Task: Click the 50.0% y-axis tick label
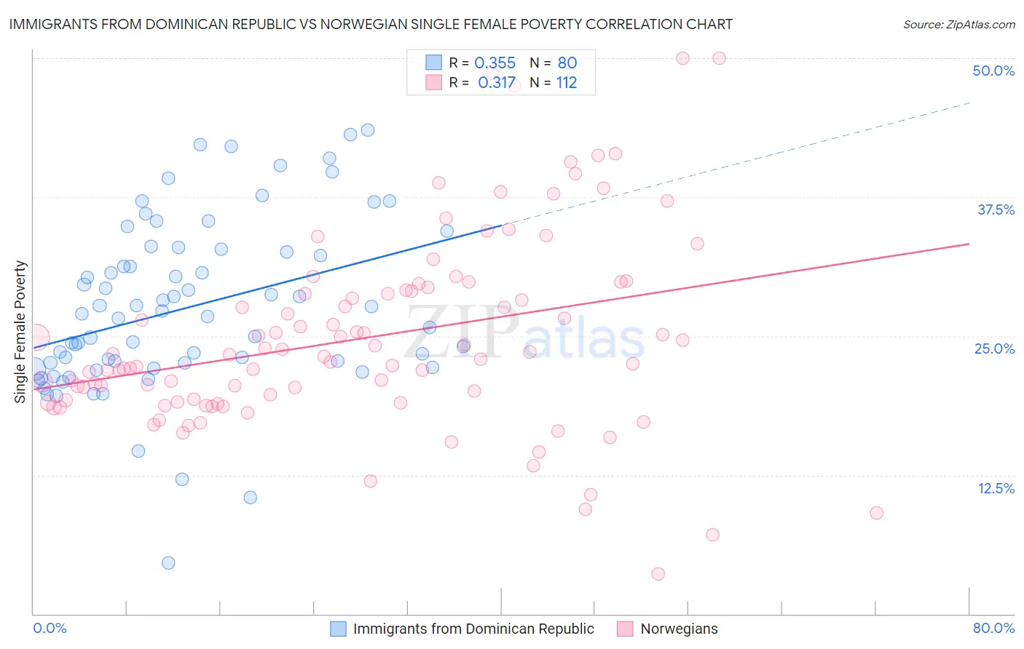coord(993,71)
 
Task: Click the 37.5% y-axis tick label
coord(996,210)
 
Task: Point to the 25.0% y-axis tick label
coord(994,349)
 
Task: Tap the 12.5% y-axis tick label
coord(996,488)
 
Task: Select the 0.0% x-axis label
coord(50,628)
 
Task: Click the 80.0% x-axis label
coord(993,628)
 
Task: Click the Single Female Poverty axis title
coord(20,332)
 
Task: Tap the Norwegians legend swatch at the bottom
coord(624,629)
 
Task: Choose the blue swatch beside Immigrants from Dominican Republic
coord(338,629)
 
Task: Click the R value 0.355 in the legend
coord(495,63)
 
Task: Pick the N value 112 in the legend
coord(567,83)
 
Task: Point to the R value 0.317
coord(497,83)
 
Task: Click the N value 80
coord(567,63)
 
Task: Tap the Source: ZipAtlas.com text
coord(958,25)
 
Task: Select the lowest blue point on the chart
coord(168,562)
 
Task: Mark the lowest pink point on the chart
coord(658,574)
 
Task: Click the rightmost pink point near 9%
coord(876,513)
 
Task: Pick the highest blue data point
coord(368,130)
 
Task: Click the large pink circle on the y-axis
coord(35,338)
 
